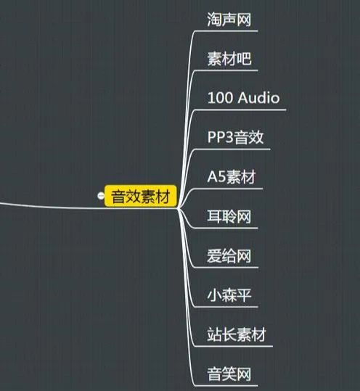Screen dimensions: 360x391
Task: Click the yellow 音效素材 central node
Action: (x=141, y=196)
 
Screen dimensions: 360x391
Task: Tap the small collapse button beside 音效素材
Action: (x=101, y=196)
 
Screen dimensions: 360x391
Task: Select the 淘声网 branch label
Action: (x=229, y=20)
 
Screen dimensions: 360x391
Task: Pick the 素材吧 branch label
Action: (x=229, y=59)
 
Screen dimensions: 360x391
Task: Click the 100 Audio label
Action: (x=243, y=97)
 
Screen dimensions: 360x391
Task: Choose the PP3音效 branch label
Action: (x=235, y=137)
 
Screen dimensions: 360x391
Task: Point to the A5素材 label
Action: (x=232, y=176)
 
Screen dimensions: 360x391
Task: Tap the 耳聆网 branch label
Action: (x=229, y=216)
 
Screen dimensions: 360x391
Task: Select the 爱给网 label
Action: (x=229, y=255)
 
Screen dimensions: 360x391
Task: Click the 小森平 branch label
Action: (x=229, y=295)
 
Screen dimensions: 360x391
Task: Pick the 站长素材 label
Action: (x=237, y=334)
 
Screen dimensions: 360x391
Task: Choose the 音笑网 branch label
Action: (x=229, y=374)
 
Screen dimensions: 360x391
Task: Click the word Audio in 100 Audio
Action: (x=258, y=97)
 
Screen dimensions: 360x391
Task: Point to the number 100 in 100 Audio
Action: (x=220, y=98)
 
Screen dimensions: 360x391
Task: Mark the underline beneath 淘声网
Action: (x=226, y=31)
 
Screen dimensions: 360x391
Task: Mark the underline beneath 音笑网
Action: (x=226, y=386)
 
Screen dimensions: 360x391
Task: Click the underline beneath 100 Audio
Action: (x=240, y=110)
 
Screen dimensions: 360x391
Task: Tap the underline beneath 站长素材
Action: (x=233, y=346)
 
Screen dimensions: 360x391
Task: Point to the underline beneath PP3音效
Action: (x=232, y=149)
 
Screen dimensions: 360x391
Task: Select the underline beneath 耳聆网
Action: (x=226, y=229)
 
